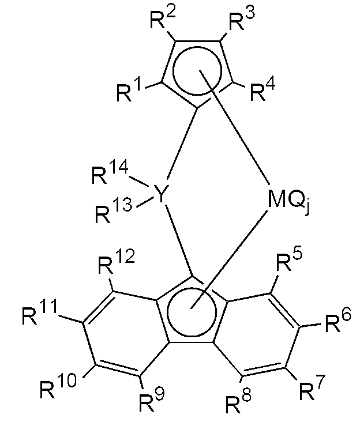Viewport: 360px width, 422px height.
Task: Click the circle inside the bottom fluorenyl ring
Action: click(x=193, y=311)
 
